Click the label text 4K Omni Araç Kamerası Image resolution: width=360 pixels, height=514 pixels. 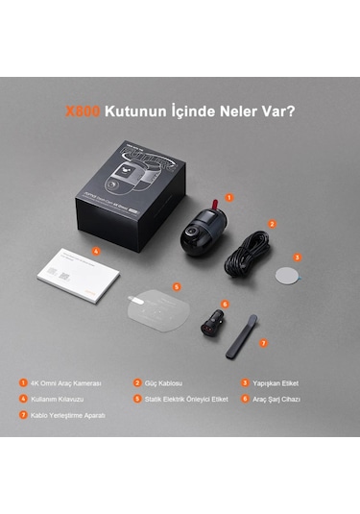64,381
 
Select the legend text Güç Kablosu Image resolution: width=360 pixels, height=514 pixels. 166,381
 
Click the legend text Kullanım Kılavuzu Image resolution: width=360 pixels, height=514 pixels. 60,398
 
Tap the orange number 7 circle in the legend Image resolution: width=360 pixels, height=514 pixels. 22,415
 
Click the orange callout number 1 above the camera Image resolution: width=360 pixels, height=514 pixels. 228,197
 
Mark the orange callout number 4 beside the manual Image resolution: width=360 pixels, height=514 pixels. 96,252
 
